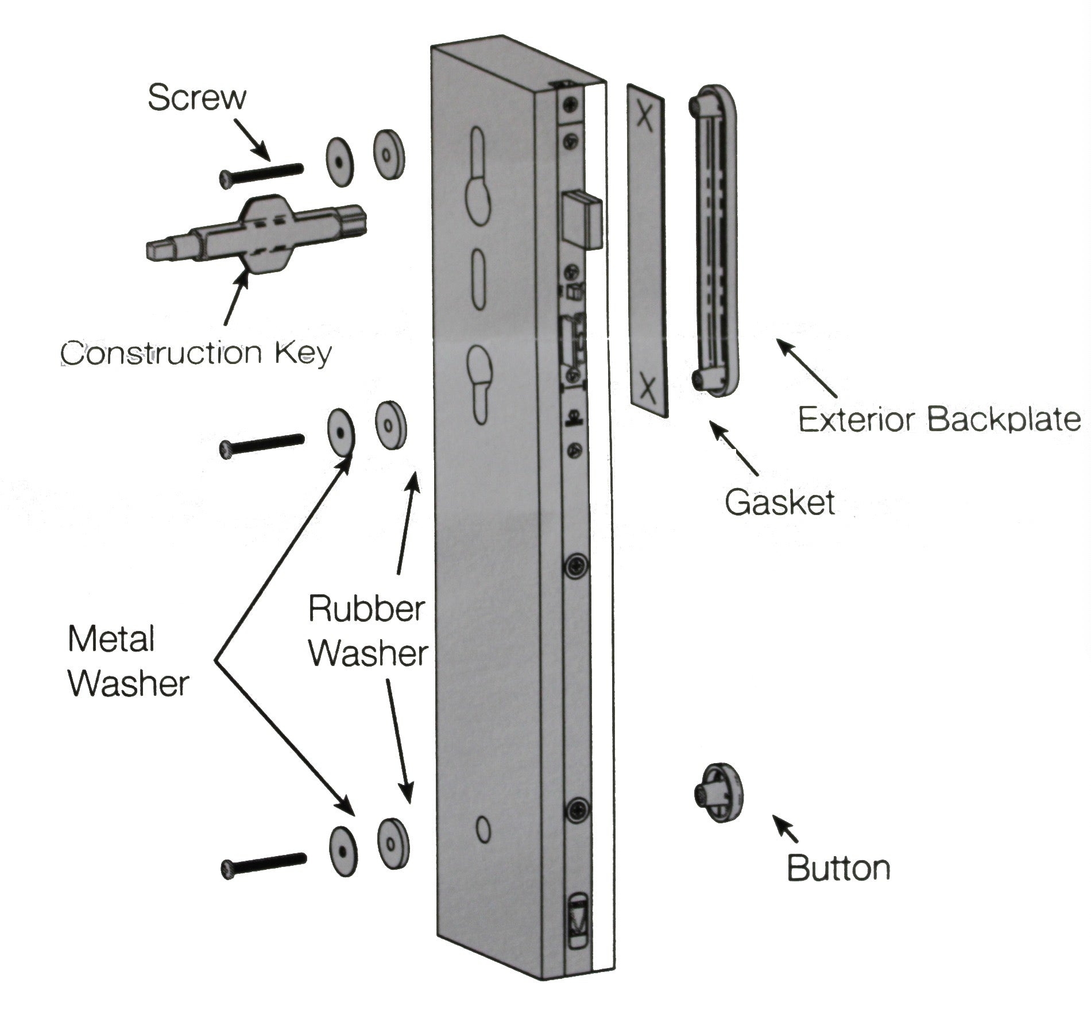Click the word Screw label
(x=196, y=98)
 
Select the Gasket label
(x=779, y=502)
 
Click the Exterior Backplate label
(x=939, y=419)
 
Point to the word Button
(x=838, y=868)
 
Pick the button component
(x=719, y=793)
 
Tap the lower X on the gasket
(x=648, y=388)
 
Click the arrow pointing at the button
(x=786, y=829)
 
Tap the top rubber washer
(x=389, y=154)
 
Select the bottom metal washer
(x=343, y=851)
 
